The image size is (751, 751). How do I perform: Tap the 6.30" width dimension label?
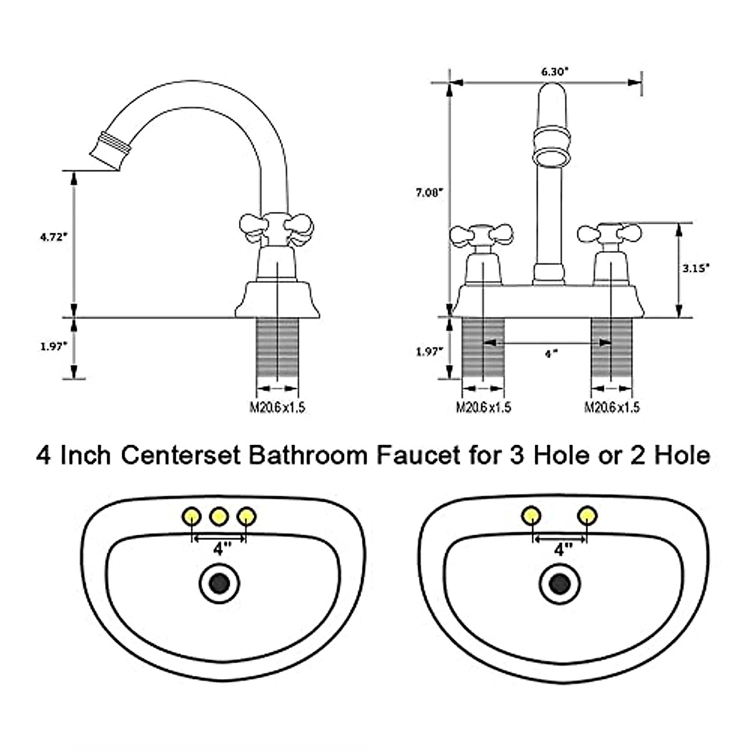pyautogui.click(x=554, y=71)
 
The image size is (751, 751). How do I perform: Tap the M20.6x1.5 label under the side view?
pyautogui.click(x=277, y=407)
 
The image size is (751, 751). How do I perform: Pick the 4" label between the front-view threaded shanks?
pyautogui.click(x=551, y=354)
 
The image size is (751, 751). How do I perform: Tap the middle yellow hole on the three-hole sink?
pyautogui.click(x=218, y=516)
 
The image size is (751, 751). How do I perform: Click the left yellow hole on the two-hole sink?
pyautogui.click(x=531, y=516)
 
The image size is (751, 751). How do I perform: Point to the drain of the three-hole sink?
pyautogui.click(x=219, y=584)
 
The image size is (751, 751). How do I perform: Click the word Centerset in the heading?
pyautogui.click(x=181, y=455)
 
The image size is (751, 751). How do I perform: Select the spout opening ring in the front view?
pyautogui.click(x=553, y=156)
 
